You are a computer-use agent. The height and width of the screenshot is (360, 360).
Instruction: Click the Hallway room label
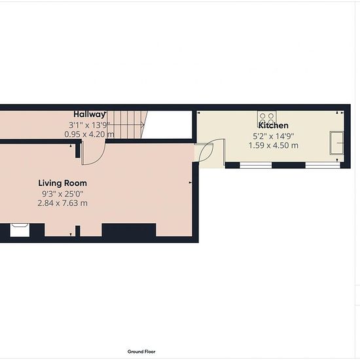pyautogui.click(x=89, y=115)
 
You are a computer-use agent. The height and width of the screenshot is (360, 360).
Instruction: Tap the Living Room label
pyautogui.click(x=62, y=183)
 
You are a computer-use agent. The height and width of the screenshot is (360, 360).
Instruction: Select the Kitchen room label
pyautogui.click(x=274, y=126)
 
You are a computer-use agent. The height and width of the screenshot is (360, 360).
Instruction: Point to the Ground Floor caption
pyautogui.click(x=141, y=351)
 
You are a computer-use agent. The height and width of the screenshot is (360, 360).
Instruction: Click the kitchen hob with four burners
pyautogui.click(x=267, y=118)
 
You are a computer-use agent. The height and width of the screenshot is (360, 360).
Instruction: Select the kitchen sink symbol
pyautogui.click(x=337, y=143)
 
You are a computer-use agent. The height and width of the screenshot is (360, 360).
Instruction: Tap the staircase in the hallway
pyautogui.click(x=126, y=124)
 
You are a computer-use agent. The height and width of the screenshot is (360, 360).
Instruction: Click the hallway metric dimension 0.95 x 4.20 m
pyautogui.click(x=89, y=134)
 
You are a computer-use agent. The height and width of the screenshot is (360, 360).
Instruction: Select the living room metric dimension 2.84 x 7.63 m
pyautogui.click(x=62, y=203)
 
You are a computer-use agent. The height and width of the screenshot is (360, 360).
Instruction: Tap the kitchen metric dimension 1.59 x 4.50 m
pyautogui.click(x=274, y=145)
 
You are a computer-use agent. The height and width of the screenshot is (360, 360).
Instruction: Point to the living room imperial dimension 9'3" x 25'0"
pyautogui.click(x=62, y=194)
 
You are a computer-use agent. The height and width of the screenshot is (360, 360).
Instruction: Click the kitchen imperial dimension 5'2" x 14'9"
pyautogui.click(x=274, y=136)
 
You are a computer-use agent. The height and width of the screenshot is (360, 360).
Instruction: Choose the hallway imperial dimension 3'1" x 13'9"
pyautogui.click(x=89, y=126)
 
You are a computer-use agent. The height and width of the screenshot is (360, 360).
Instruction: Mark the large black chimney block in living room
pyautogui.click(x=129, y=230)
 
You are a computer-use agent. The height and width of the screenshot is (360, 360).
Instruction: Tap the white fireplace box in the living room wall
pyautogui.click(x=20, y=230)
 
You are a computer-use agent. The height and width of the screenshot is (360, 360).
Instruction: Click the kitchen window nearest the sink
pyautogui.click(x=323, y=165)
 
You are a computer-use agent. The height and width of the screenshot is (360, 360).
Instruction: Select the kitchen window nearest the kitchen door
pyautogui.click(x=256, y=165)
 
